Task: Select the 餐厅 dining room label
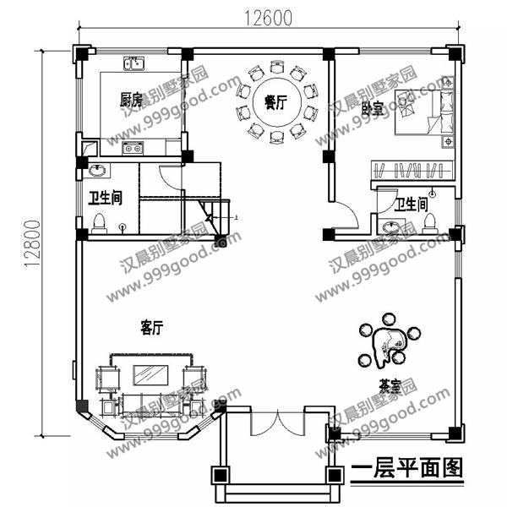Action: pyautogui.click(x=275, y=103)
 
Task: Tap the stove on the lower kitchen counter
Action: pyautogui.click(x=132, y=149)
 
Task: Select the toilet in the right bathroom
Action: pyautogui.click(x=428, y=221)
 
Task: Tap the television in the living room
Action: pyautogui.click(x=150, y=373)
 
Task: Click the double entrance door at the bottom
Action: pyautogui.click(x=275, y=422)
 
